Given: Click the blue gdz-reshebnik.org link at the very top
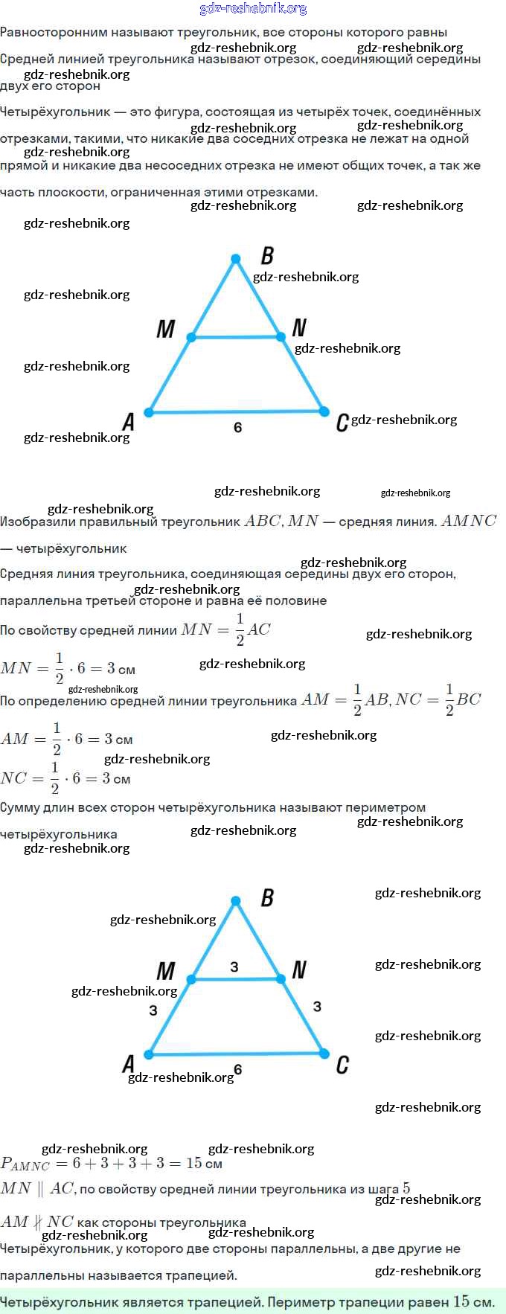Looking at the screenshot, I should pos(253,9).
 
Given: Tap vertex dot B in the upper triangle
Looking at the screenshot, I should pos(236,259).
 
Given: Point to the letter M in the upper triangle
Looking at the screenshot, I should pos(165,329).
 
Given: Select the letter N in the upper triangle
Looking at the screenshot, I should pos(299,327).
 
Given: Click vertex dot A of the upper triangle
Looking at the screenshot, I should pos(149,411).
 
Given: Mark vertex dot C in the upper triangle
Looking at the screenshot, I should pos(324,411).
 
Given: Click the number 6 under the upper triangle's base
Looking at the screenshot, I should pos(237,427).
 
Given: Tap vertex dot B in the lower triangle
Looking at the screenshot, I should pos(236,901).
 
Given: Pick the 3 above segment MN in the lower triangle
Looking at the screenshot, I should pos(234,967).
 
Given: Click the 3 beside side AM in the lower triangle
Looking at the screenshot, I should pos(153,1010).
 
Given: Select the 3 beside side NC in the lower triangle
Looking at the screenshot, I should pos(317,1006).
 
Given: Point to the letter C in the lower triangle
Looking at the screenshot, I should pos(342,1065).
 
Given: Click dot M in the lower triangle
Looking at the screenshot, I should pos(191,979).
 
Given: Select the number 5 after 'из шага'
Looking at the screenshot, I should pos(406,1188).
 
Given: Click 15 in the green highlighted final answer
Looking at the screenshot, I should pos(461,1301).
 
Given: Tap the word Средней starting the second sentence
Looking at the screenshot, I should pos(26,60).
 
